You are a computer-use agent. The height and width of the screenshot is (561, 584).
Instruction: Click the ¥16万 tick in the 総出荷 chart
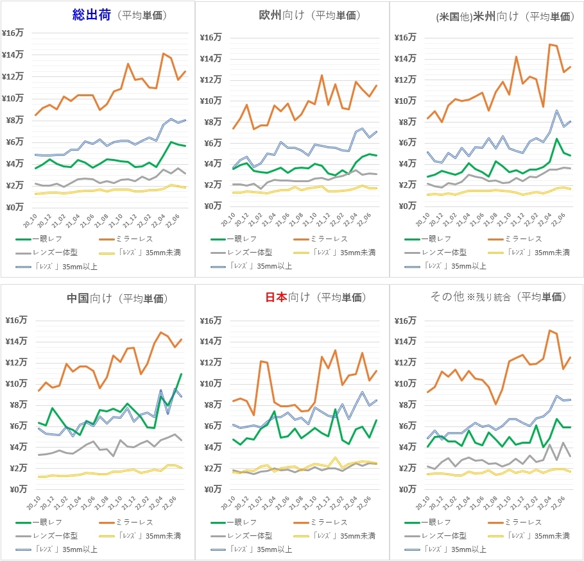[x=13, y=33]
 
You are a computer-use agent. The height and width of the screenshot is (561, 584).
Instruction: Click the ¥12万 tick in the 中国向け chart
[x=13, y=362]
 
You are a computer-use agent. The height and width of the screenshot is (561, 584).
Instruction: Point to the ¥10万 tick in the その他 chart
[x=404, y=383]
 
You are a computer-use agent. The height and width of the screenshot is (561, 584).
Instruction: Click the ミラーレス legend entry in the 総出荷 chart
[x=137, y=239]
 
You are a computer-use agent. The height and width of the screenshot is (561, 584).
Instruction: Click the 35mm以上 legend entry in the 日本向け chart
[x=262, y=549]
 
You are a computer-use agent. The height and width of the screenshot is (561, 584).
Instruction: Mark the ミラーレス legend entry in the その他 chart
[x=525, y=522]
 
